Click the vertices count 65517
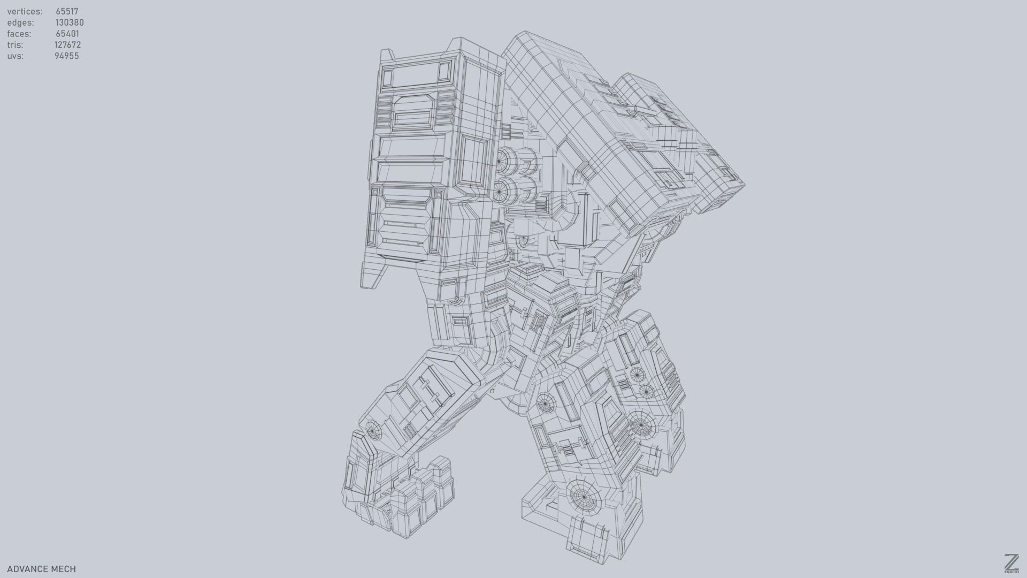(x=67, y=11)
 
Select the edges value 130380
(x=70, y=22)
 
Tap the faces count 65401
(x=67, y=34)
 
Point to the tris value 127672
(x=67, y=45)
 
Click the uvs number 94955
(x=66, y=56)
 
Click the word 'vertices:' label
(x=25, y=11)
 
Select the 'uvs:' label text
(x=16, y=56)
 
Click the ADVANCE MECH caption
(x=41, y=569)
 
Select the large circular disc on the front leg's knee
(x=640, y=425)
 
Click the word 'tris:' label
(x=15, y=45)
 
